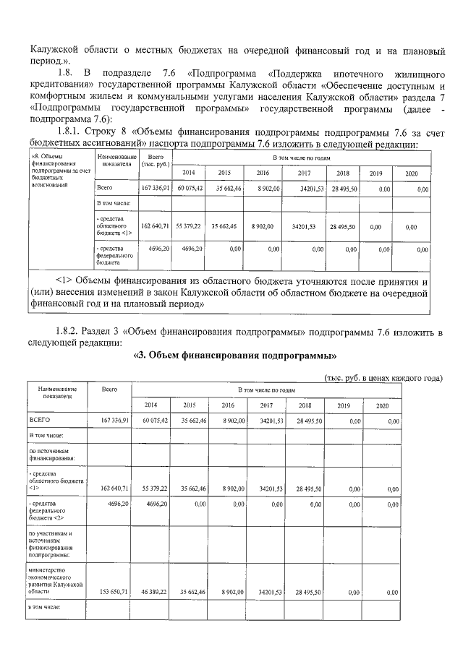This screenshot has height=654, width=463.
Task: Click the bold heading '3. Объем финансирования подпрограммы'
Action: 237,356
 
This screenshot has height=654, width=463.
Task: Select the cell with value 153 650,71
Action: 111,592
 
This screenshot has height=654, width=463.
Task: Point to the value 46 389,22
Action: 153,592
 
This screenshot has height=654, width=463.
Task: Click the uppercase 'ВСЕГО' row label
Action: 39,420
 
